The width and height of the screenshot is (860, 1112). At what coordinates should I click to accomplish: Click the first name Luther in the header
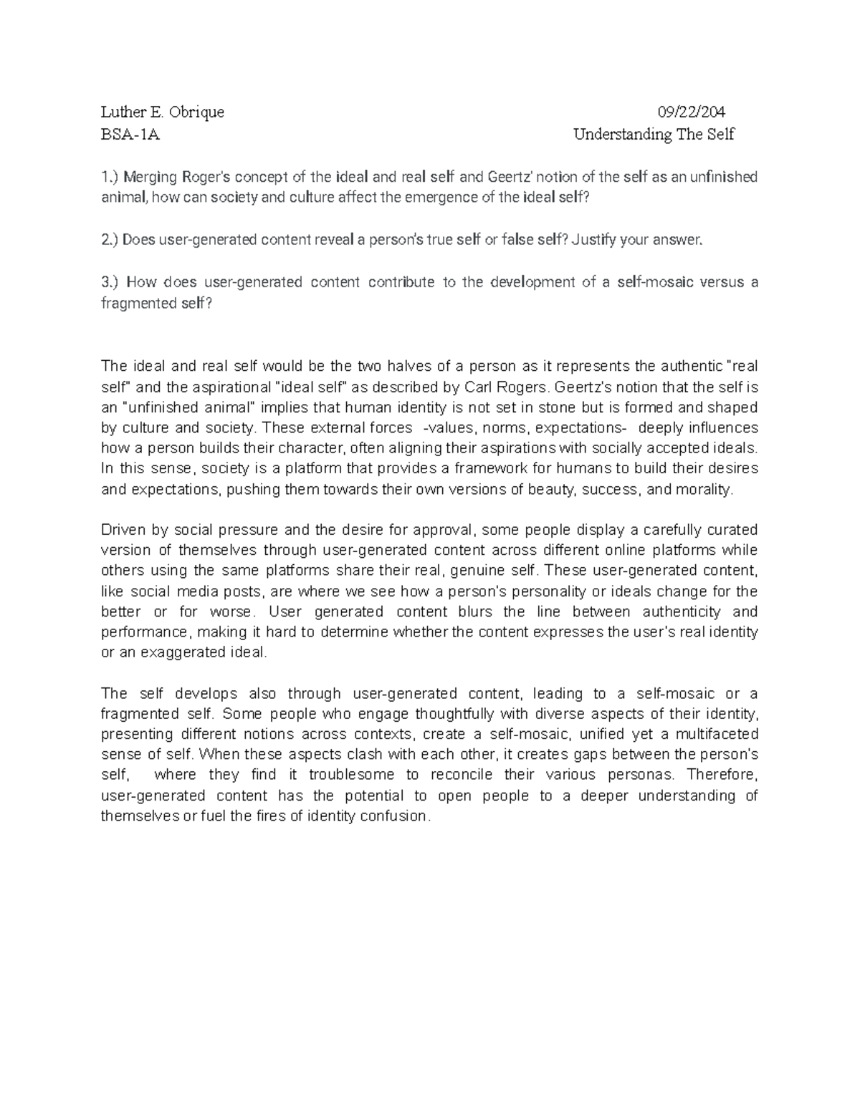click(121, 112)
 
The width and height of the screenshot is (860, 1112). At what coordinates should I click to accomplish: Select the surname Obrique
click(196, 112)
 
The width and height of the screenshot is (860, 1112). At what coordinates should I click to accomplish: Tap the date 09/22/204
click(692, 112)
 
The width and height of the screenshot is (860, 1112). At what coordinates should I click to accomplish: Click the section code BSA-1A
click(130, 135)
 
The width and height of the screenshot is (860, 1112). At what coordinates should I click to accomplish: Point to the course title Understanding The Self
click(654, 135)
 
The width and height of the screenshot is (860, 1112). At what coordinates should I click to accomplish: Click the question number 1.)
click(110, 177)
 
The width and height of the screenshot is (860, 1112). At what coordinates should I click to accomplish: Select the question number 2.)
click(110, 240)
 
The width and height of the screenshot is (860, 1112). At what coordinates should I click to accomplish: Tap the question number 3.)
click(112, 282)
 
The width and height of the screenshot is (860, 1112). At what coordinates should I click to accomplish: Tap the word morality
click(706, 490)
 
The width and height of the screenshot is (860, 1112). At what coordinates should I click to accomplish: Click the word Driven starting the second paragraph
click(124, 531)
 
